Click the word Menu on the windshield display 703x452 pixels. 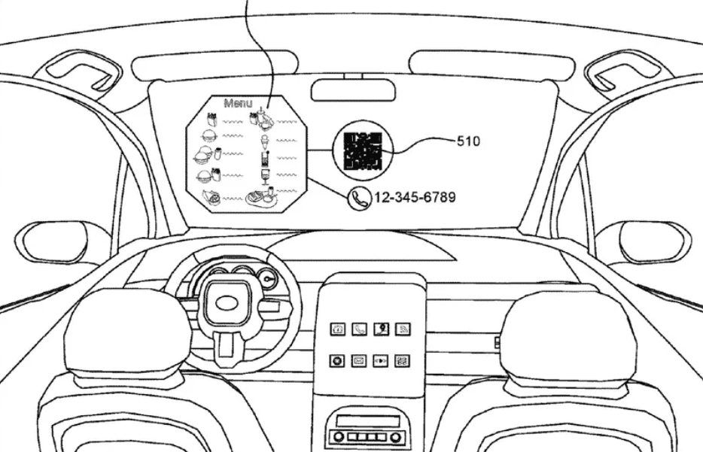237,103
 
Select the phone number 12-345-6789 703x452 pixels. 414,197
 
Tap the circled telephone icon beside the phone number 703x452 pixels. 358,198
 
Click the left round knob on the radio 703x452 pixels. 339,437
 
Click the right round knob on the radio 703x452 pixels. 396,437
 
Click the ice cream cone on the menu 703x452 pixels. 265,141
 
